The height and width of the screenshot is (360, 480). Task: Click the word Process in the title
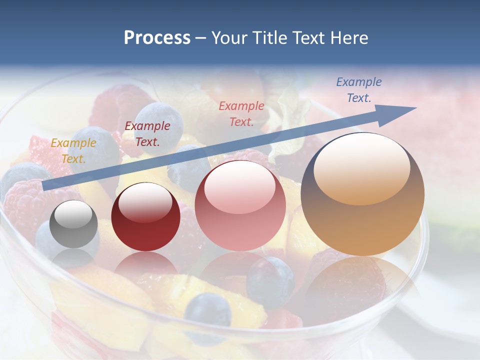(157, 37)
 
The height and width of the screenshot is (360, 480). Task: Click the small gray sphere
(74, 224)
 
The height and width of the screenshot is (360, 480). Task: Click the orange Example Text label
(73, 151)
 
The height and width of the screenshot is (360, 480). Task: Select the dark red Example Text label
(147, 134)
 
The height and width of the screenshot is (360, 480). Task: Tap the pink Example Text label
(241, 113)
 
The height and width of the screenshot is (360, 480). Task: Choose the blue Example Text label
(359, 90)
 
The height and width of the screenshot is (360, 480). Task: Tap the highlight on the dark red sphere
(145, 201)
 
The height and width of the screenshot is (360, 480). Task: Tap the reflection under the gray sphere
(74, 257)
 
